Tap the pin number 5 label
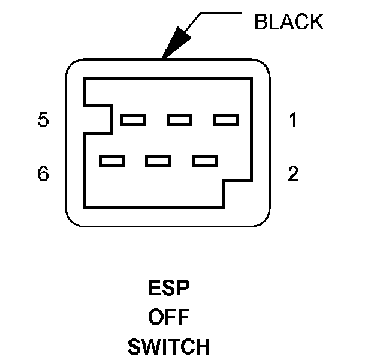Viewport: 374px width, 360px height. (x=43, y=121)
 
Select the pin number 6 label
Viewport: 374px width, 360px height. (x=43, y=174)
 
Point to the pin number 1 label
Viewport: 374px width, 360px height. (x=293, y=121)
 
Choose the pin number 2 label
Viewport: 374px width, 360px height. (x=293, y=174)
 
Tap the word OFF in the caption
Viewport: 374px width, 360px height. (x=168, y=317)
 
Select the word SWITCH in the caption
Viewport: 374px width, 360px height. (x=168, y=346)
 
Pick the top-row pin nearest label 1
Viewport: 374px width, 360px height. (x=226, y=121)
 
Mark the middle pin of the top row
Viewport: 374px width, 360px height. (x=179, y=121)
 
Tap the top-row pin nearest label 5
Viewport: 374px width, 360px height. (x=132, y=121)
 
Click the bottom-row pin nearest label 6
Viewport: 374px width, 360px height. (x=112, y=161)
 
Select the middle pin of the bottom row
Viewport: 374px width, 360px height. (x=158, y=161)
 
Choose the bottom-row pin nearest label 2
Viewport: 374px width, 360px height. (x=205, y=161)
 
